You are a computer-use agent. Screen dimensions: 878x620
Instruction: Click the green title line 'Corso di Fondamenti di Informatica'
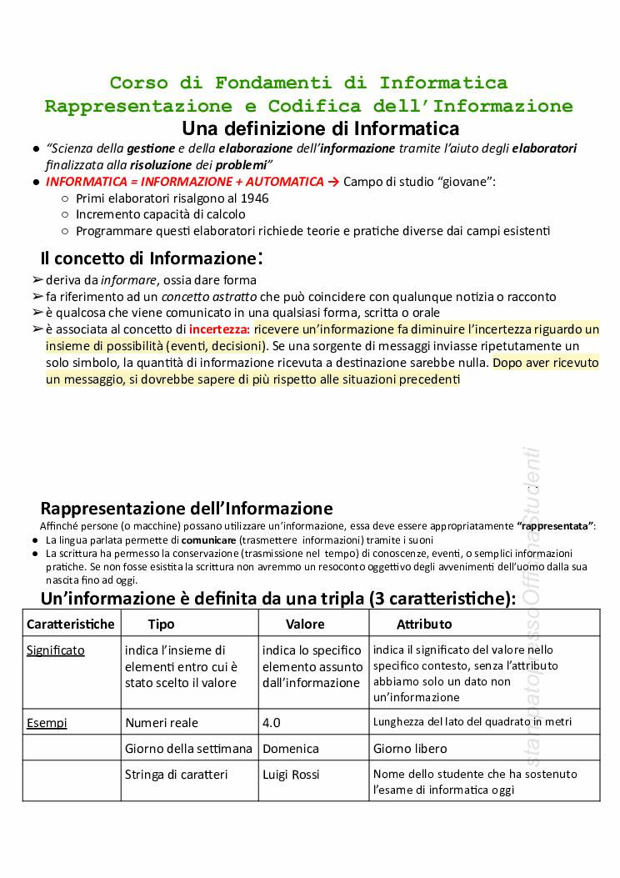click(308, 83)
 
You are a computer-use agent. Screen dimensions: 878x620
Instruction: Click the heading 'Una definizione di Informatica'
click(320, 128)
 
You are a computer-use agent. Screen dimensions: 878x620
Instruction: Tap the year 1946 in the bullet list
click(253, 198)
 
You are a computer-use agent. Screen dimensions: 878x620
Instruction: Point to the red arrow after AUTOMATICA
click(334, 182)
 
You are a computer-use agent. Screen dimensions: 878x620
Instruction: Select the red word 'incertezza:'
click(219, 329)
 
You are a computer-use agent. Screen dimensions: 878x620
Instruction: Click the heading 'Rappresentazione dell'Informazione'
click(186, 508)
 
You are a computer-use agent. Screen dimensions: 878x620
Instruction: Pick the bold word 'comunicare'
click(208, 540)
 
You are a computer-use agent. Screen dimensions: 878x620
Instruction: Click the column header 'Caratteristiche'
click(70, 624)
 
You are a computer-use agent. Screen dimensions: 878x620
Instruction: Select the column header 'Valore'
click(305, 624)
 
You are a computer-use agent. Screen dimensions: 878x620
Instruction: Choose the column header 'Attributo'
click(424, 624)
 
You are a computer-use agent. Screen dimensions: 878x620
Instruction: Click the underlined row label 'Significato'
click(56, 650)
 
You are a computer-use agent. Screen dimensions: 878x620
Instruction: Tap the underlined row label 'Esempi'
click(47, 723)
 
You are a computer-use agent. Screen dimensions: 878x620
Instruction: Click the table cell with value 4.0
click(272, 723)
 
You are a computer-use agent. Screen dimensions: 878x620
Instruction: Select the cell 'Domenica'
click(289, 749)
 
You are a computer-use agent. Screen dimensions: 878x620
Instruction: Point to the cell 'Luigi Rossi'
click(291, 775)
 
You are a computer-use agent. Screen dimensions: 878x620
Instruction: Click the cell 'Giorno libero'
click(410, 749)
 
